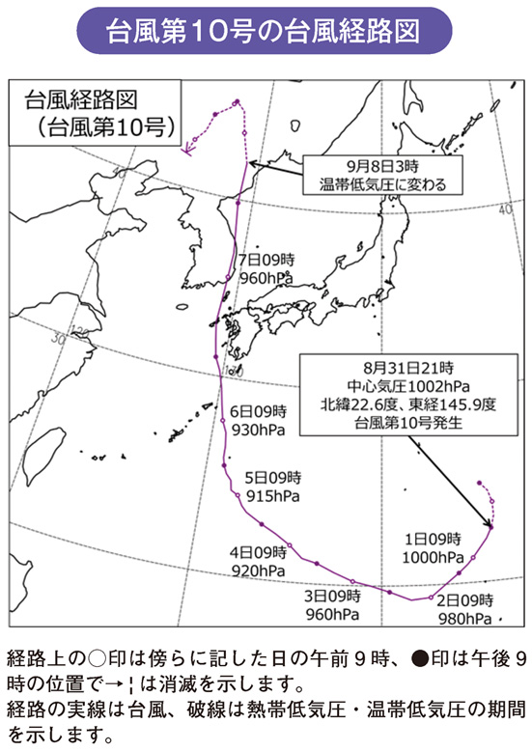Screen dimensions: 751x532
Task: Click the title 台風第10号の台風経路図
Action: coord(266,30)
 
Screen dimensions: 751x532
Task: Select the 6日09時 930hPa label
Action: coord(259,418)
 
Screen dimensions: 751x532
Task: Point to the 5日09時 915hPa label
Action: coord(273,486)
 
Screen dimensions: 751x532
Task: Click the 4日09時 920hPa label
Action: coord(258,563)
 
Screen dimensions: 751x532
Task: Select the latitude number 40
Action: coord(506,209)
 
